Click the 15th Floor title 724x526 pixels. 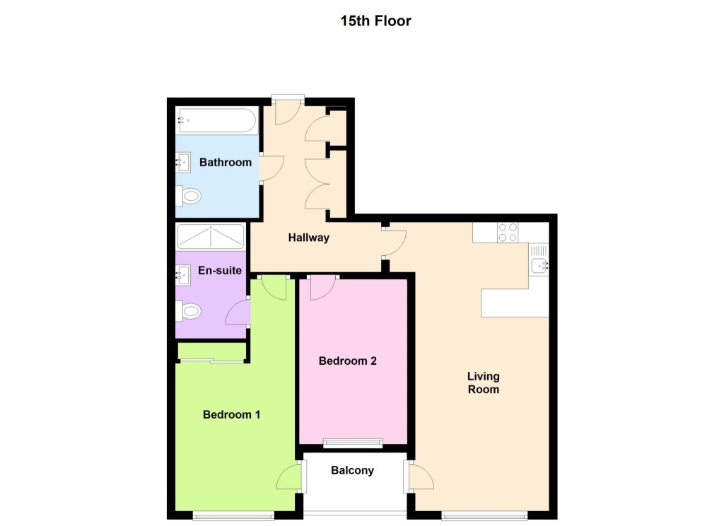pos(375,21)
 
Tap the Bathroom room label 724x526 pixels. pos(225,163)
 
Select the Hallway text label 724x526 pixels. pos(308,238)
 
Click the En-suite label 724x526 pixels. pos(220,270)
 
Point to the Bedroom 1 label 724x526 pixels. pos(231,414)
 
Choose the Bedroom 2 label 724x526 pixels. pos(347,361)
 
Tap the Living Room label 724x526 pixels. pos(483,382)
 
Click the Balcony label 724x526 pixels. pos(352,470)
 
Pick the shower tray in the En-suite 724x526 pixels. pos(211,236)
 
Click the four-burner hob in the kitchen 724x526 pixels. pos(508,233)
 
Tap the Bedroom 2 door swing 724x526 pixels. pos(322,286)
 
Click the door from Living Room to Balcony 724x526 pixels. pos(421,478)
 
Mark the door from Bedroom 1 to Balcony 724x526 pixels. pos(290,479)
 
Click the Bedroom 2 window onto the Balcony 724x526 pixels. pos(353,443)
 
